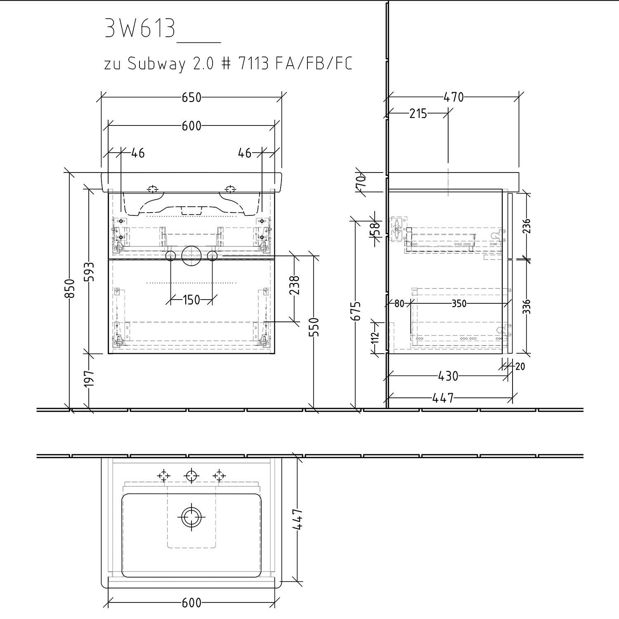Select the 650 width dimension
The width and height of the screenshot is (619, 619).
coord(191,97)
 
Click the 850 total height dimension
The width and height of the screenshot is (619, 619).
coord(70,288)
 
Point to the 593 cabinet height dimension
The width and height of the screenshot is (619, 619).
coord(89,272)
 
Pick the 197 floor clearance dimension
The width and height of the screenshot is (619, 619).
coord(89,379)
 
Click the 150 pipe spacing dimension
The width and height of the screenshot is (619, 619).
coord(191,300)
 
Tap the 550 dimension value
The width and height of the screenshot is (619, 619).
coord(314,327)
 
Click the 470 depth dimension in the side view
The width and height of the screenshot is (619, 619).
coord(454,97)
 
